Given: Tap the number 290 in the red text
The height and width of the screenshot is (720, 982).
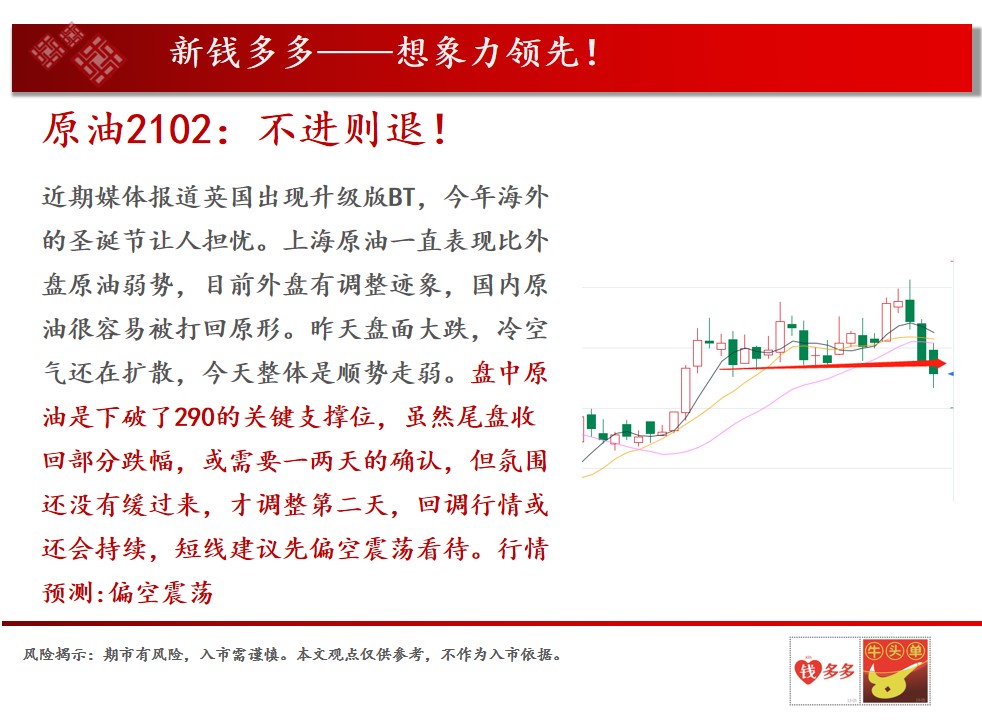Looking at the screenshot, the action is pos(194,417).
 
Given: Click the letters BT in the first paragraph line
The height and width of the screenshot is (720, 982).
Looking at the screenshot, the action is pos(401,198).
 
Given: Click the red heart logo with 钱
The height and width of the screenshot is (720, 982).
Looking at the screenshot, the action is pos(807,671).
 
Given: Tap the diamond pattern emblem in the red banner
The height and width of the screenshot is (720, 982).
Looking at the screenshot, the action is pos(78,53).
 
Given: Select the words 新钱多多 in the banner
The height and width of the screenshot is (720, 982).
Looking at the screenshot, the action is pos(242,52).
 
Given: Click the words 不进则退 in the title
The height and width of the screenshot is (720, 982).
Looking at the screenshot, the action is pos(341,130).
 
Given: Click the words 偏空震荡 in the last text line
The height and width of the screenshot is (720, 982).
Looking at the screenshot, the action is pos(161,592).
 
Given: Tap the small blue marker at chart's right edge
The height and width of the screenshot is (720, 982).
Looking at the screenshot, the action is pos(951,374).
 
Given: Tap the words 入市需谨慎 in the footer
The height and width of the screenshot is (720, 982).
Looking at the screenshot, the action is pos(239,654).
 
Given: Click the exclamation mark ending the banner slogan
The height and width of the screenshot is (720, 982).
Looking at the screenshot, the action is pos(591,52).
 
